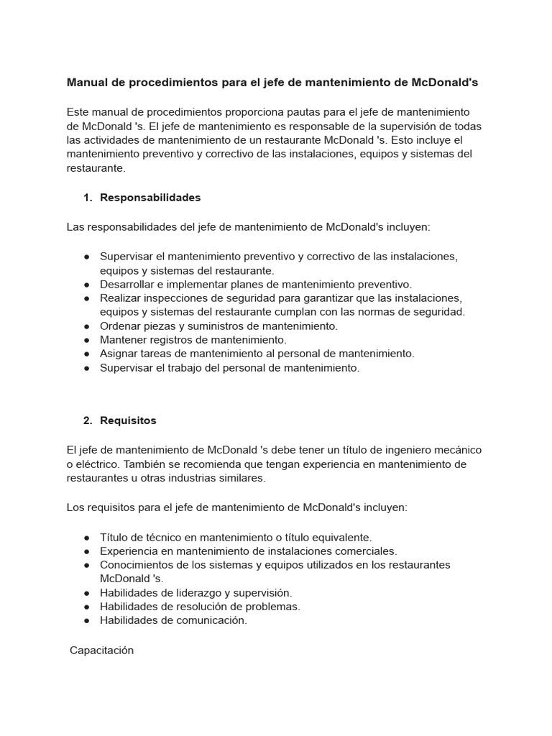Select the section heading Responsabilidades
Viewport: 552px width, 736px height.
tap(150, 198)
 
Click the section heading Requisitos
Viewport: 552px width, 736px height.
tap(128, 420)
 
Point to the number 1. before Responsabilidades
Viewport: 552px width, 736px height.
tap(88, 198)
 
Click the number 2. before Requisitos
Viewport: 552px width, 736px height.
tap(88, 420)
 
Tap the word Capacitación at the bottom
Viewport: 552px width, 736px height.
tap(102, 650)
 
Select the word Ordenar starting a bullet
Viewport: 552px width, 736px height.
tap(121, 326)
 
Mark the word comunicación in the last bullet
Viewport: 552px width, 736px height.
tap(214, 621)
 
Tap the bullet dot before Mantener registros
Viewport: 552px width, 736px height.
tap(86, 340)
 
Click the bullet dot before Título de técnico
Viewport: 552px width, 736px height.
tap(86, 538)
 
